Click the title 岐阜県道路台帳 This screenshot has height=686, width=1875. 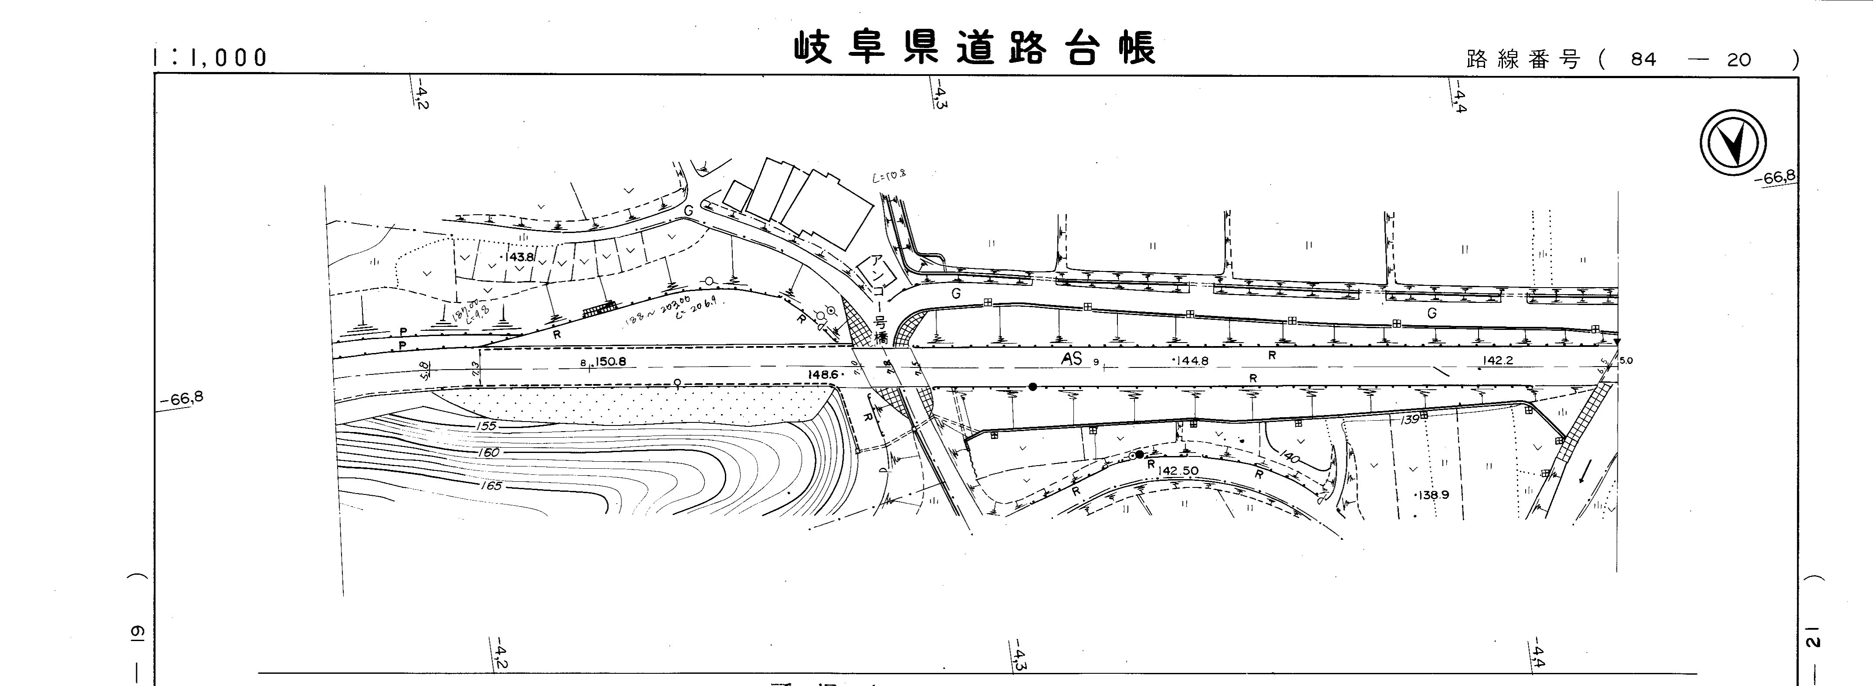(x=974, y=48)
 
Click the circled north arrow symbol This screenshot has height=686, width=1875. (x=1733, y=144)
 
